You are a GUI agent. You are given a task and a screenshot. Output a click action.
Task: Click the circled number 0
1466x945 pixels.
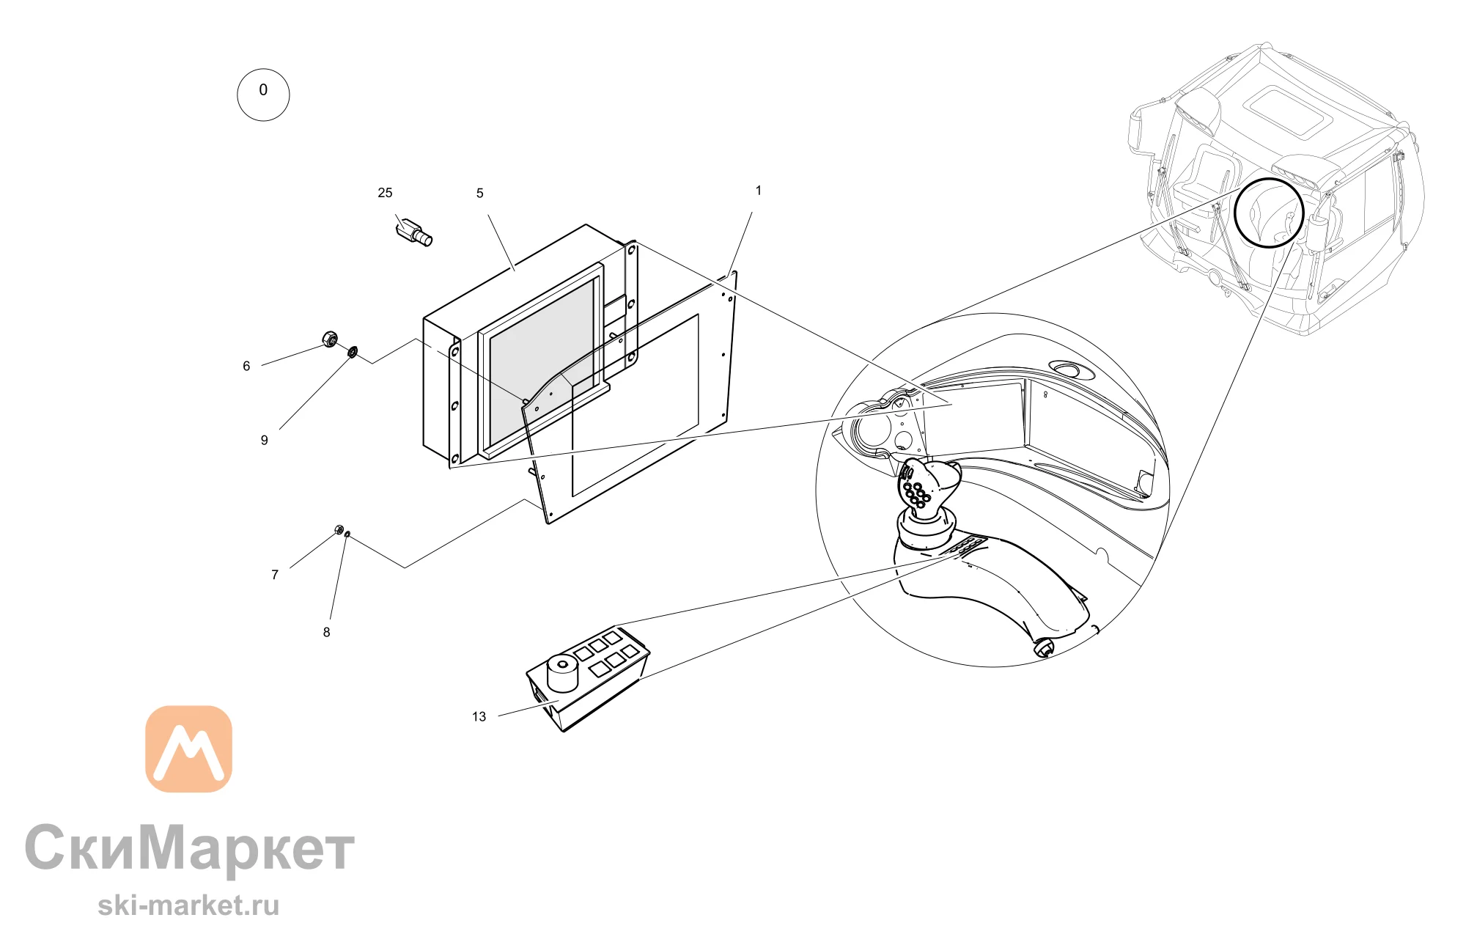click(x=263, y=95)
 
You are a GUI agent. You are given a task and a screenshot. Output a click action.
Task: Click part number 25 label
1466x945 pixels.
click(x=385, y=193)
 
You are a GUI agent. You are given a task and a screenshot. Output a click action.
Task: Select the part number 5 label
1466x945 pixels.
click(x=480, y=194)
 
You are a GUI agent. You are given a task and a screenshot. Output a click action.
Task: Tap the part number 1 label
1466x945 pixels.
click(x=759, y=191)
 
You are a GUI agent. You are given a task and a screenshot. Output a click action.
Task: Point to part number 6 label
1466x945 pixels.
click(x=246, y=367)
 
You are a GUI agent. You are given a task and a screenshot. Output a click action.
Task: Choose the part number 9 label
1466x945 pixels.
click(x=265, y=441)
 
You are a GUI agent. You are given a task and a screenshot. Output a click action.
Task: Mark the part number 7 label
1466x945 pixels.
click(x=275, y=575)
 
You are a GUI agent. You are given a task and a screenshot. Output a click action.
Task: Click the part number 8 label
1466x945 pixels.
click(x=327, y=633)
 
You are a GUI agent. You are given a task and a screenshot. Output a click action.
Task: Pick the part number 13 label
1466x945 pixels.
click(x=479, y=717)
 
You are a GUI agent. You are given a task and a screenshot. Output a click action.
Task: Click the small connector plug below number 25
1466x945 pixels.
click(x=414, y=231)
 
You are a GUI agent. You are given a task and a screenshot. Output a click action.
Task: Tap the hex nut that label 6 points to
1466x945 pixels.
click(x=330, y=339)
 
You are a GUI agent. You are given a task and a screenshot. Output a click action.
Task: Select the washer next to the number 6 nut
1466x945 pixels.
click(x=352, y=352)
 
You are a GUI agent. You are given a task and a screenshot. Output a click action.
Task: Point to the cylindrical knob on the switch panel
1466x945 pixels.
click(x=562, y=672)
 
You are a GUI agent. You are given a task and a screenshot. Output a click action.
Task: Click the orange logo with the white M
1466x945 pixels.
click(x=189, y=749)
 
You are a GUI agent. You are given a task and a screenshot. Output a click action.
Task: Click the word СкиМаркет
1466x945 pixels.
click(x=190, y=847)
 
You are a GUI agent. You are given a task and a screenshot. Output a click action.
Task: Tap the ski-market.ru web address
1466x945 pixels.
click(x=188, y=905)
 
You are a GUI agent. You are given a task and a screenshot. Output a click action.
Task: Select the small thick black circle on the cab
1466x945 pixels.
click(x=1269, y=213)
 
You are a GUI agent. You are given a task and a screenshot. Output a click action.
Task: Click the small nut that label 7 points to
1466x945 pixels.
click(x=339, y=529)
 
